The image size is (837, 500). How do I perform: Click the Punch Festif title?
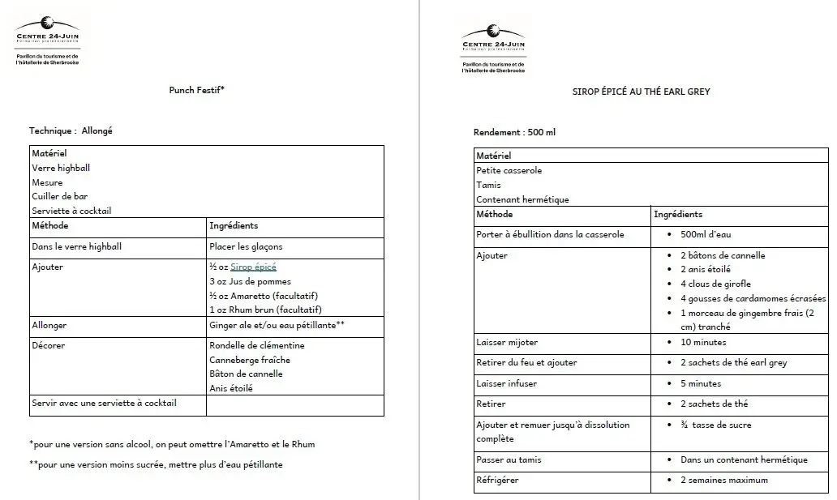[196, 90]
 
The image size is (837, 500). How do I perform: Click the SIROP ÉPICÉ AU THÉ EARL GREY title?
[641, 92]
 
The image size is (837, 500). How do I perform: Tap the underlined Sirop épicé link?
[254, 267]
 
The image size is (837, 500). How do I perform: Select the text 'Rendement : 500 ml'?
[514, 132]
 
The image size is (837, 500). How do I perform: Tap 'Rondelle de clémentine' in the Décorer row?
[257, 345]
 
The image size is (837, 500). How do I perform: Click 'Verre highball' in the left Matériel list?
[61, 168]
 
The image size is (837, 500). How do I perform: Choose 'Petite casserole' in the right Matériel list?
[509, 171]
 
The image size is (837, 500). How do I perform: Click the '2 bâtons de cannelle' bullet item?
[723, 255]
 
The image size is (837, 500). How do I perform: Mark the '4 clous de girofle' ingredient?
[715, 284]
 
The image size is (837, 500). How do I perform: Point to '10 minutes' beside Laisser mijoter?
[703, 342]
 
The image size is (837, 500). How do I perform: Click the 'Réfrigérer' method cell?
[497, 480]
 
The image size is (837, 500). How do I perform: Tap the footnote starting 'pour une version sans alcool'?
[172, 444]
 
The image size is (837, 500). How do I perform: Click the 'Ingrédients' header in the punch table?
[234, 225]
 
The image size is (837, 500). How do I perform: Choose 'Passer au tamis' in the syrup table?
[509, 459]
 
